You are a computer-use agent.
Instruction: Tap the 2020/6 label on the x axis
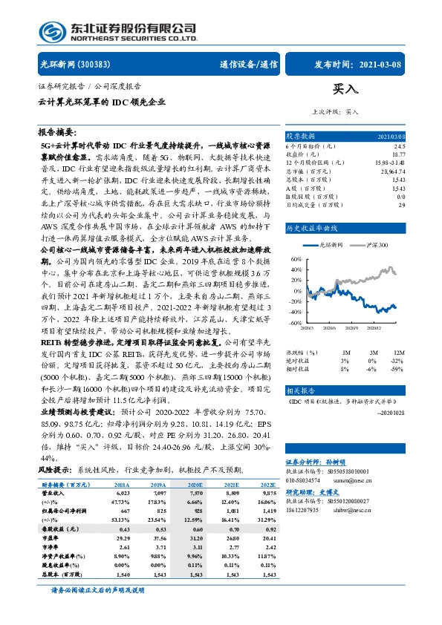333,327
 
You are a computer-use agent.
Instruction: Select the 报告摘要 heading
56,131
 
